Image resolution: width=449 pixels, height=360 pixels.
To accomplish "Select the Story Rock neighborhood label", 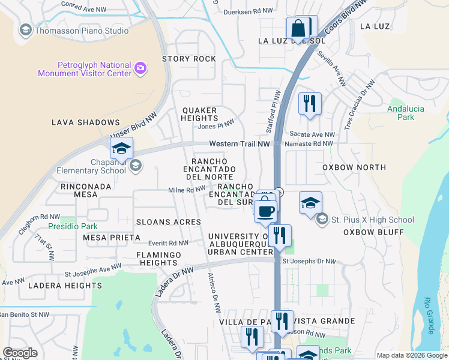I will click(x=188, y=59).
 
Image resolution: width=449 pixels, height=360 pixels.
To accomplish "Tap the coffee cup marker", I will click(x=265, y=211).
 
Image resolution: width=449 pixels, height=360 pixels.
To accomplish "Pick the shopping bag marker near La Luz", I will click(x=298, y=28).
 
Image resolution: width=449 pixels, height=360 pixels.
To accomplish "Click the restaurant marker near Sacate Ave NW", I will click(x=310, y=103).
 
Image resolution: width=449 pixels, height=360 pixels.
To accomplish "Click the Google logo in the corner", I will click(x=20, y=353).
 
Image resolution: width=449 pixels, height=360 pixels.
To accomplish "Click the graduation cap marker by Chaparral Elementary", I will click(x=121, y=149).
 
